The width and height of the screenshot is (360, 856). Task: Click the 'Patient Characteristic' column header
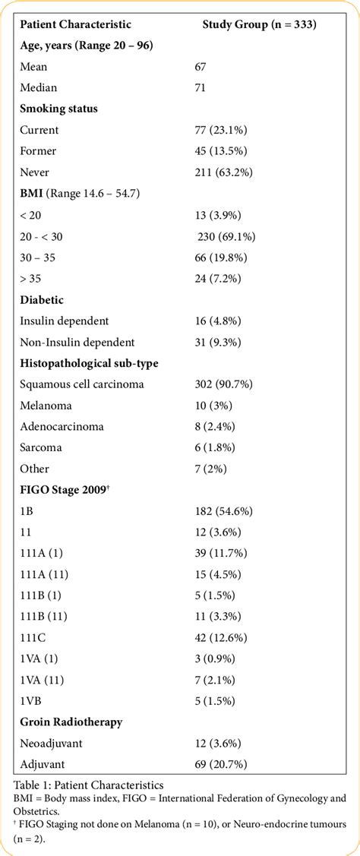click(x=75, y=24)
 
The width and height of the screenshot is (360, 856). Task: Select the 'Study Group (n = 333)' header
click(x=259, y=24)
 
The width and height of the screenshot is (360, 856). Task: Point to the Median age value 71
click(x=201, y=87)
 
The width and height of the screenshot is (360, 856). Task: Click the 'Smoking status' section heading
click(x=58, y=109)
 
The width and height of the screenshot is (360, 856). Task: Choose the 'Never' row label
click(x=36, y=172)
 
